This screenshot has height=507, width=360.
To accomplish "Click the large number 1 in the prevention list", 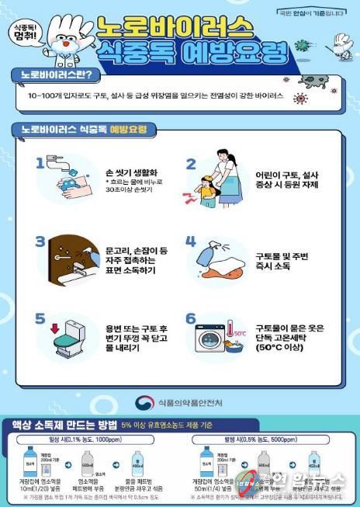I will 40,164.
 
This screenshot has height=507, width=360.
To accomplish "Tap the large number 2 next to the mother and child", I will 190,164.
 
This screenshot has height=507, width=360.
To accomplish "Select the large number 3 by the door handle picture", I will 40,241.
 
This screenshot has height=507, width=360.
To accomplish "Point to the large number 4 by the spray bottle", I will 190,241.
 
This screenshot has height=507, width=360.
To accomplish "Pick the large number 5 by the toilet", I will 40,318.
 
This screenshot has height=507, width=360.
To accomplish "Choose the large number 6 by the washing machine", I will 190,318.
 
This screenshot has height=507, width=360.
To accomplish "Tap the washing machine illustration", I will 218,341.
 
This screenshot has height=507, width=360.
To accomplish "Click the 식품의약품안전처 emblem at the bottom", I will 144,402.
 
